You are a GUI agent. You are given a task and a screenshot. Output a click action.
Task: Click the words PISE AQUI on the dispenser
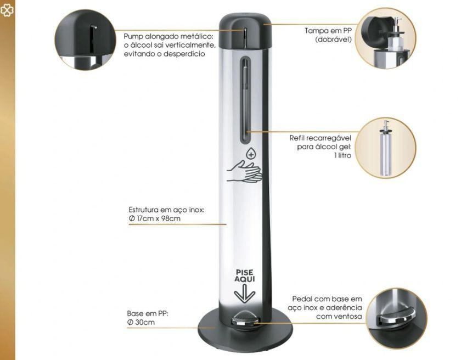point(245,275)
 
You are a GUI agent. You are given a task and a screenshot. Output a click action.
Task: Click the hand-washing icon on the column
point(244,171)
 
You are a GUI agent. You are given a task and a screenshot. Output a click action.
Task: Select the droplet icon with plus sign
point(250,154)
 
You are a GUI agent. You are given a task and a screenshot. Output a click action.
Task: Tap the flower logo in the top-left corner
point(7,10)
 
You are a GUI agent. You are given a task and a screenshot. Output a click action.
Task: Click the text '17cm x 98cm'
point(158,218)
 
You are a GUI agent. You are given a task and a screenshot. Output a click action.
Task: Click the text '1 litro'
point(342,155)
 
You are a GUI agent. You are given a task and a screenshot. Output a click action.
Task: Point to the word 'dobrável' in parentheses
point(334,40)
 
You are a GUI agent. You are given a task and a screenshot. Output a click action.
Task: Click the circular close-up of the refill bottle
point(386,148)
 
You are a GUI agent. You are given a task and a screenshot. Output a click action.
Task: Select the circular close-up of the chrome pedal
point(397,318)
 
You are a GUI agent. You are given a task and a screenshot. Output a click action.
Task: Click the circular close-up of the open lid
point(385,38)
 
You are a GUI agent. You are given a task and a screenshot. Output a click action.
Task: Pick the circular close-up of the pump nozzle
point(85,40)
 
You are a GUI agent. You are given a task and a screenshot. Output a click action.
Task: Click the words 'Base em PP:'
point(147,313)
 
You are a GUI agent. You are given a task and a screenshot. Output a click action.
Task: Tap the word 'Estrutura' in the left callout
point(143,210)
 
